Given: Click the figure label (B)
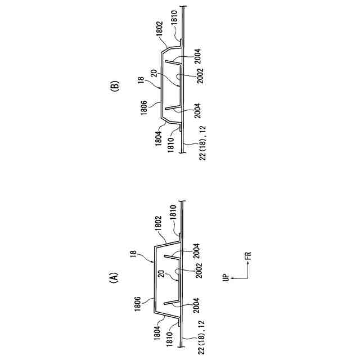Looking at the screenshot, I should (x=115, y=87).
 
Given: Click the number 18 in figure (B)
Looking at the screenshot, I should (x=142, y=80).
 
